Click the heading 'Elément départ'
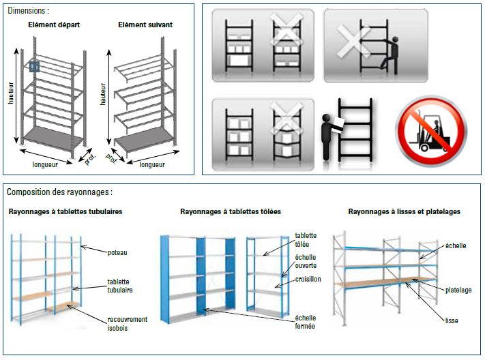click(54, 25)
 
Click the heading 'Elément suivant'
click(145, 25)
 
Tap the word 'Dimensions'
click(27, 10)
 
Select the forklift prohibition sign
click(431, 131)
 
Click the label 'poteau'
click(117, 253)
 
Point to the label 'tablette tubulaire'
click(119, 286)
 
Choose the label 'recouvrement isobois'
click(127, 323)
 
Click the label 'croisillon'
click(308, 280)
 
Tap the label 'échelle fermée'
click(305, 322)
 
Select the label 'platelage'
click(458, 290)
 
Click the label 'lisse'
click(452, 320)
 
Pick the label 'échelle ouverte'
click(306, 261)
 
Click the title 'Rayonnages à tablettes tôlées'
click(231, 211)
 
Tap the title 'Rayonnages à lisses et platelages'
click(405, 211)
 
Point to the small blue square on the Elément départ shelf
click(34, 67)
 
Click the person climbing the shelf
click(390, 56)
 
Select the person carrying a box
click(332, 137)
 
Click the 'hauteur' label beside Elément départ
click(11, 93)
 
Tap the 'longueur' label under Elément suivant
click(152, 164)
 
